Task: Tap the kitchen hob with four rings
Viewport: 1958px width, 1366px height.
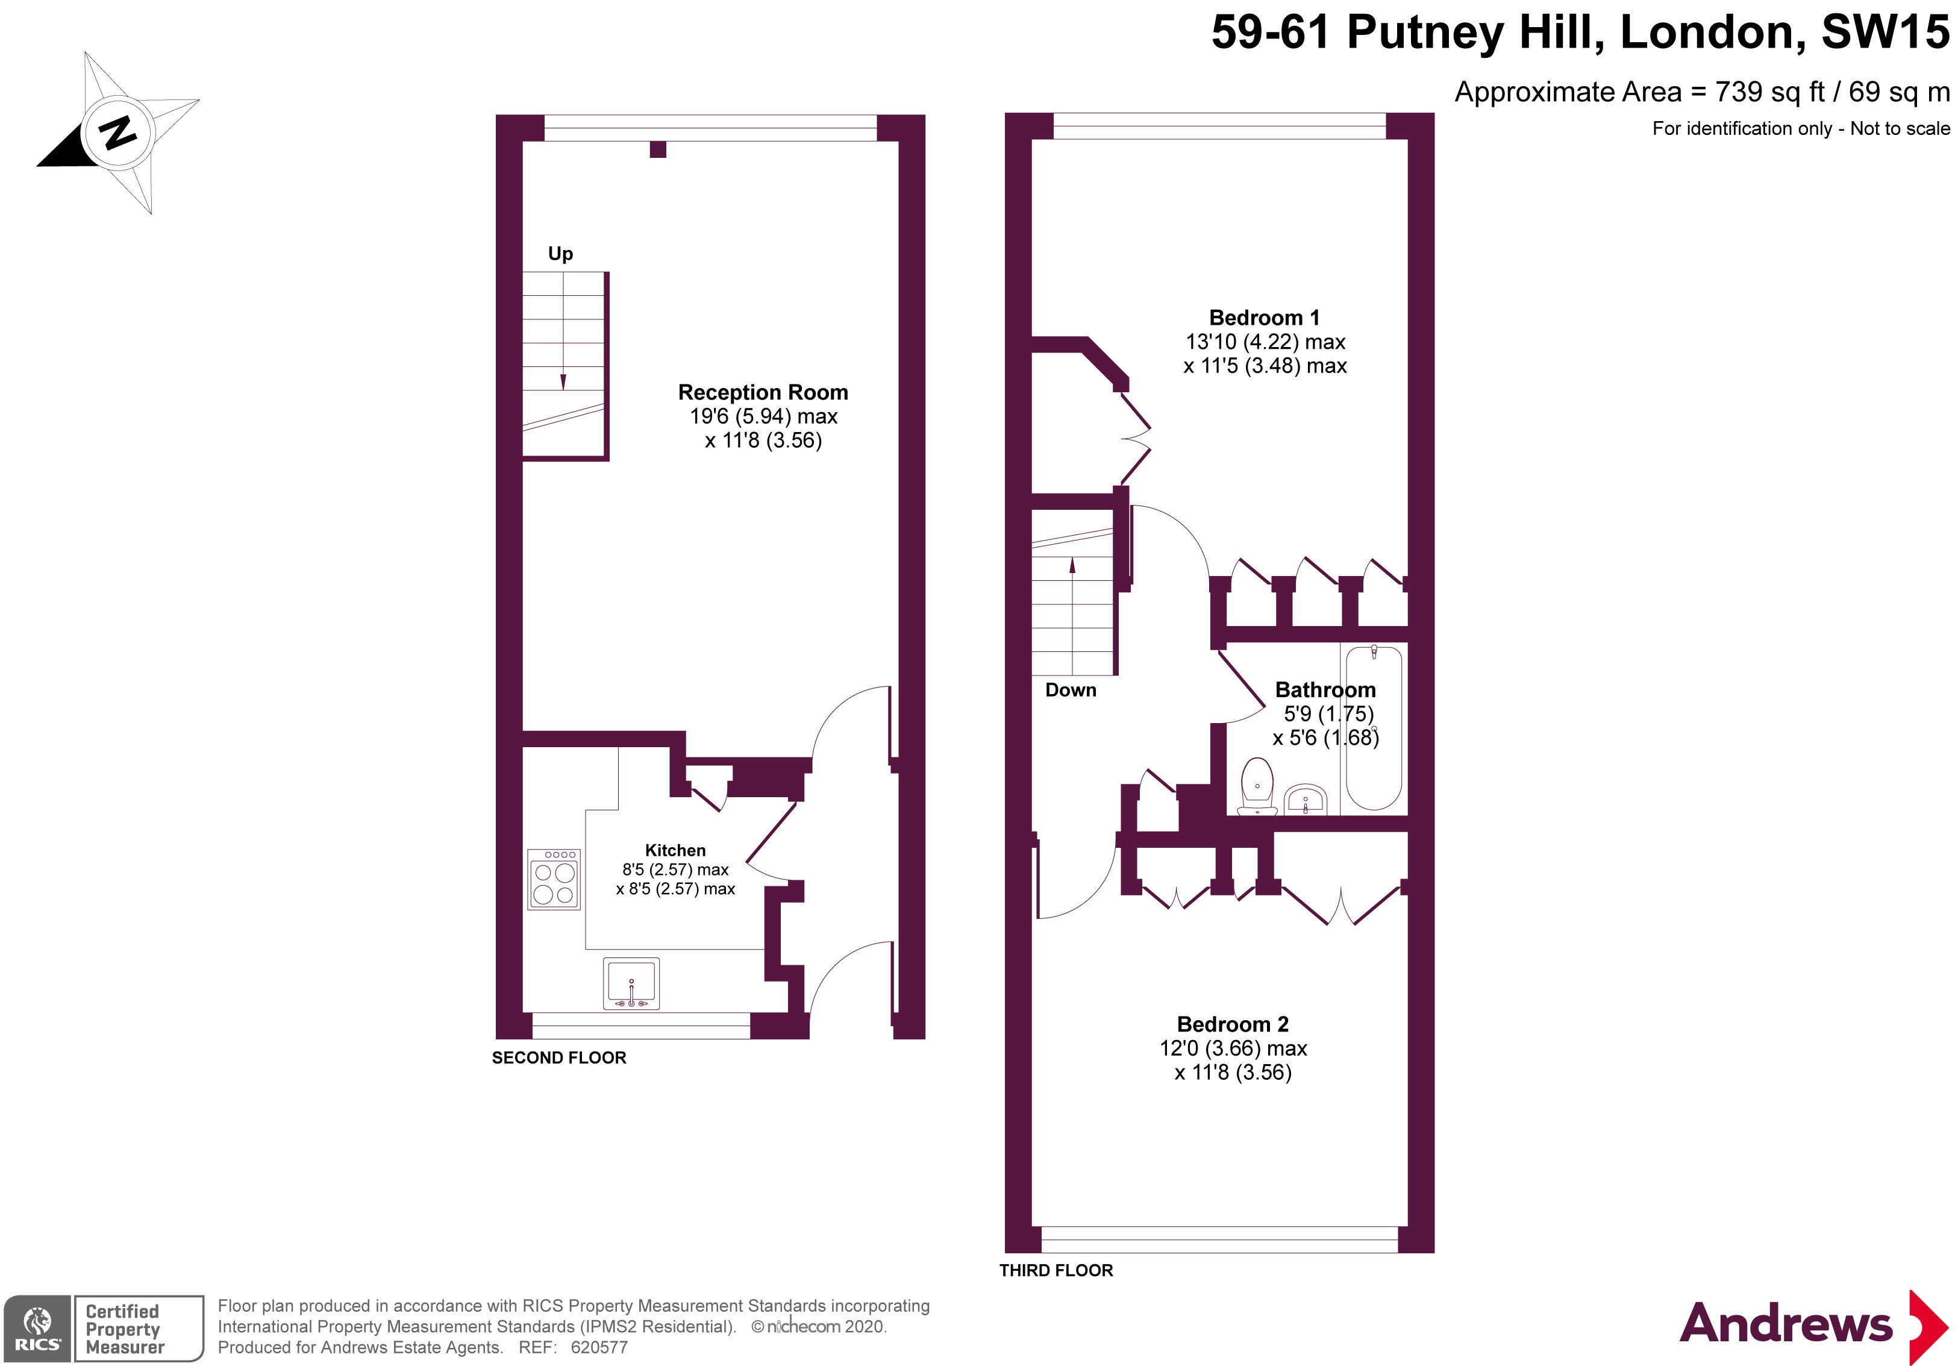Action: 554,879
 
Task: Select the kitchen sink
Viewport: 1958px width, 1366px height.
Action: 631,984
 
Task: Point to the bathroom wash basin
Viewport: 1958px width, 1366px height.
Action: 1306,800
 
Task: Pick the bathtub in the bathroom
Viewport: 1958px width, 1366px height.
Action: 1373,727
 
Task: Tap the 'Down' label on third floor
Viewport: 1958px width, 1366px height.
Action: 1071,690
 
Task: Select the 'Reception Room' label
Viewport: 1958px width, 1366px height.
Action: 763,392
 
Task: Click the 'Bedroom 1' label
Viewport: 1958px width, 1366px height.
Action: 1265,318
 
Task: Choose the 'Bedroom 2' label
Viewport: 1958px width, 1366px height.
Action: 1233,1024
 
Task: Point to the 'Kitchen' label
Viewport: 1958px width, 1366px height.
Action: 675,850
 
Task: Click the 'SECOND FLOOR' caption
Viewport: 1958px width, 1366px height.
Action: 560,1057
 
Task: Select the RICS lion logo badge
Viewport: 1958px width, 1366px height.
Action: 37,1329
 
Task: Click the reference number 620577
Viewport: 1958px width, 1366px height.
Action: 599,1347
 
